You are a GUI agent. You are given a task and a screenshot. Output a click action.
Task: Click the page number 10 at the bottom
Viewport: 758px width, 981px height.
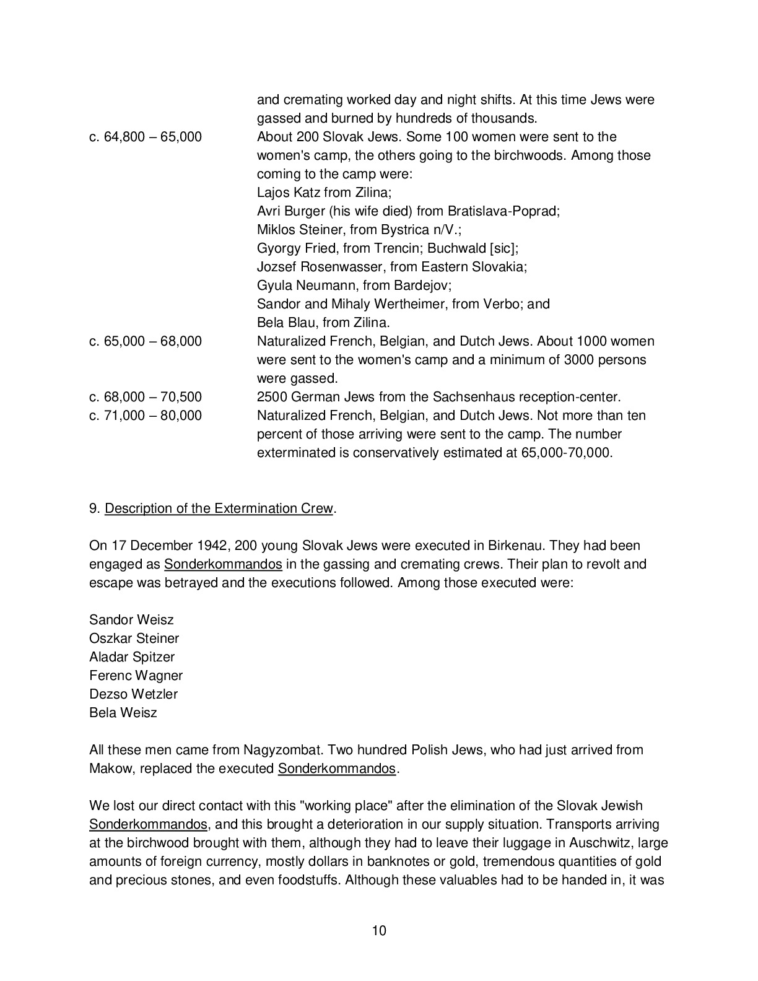[x=379, y=930]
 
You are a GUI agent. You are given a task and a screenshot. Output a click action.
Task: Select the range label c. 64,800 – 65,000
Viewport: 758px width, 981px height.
[x=146, y=137]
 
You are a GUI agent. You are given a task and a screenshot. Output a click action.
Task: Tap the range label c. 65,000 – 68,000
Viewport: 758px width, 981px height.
[x=146, y=341]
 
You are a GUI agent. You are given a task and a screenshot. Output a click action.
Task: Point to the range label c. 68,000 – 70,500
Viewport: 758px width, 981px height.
[x=146, y=397]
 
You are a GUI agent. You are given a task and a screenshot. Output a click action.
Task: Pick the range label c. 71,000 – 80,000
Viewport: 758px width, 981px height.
[x=146, y=416]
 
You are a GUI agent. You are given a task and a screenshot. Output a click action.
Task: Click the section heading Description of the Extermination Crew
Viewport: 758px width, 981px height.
[x=219, y=508]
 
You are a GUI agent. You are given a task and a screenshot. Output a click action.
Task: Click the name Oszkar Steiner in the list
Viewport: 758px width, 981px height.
[x=134, y=639]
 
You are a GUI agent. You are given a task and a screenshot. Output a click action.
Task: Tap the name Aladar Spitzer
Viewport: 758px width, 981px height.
[x=132, y=657]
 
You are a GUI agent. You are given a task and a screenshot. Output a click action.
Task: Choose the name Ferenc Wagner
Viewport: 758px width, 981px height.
[x=136, y=676]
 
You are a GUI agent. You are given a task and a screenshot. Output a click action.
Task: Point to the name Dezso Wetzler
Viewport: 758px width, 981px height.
[x=133, y=694]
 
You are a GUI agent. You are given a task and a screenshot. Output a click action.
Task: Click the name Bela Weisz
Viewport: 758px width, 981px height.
[x=123, y=713]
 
